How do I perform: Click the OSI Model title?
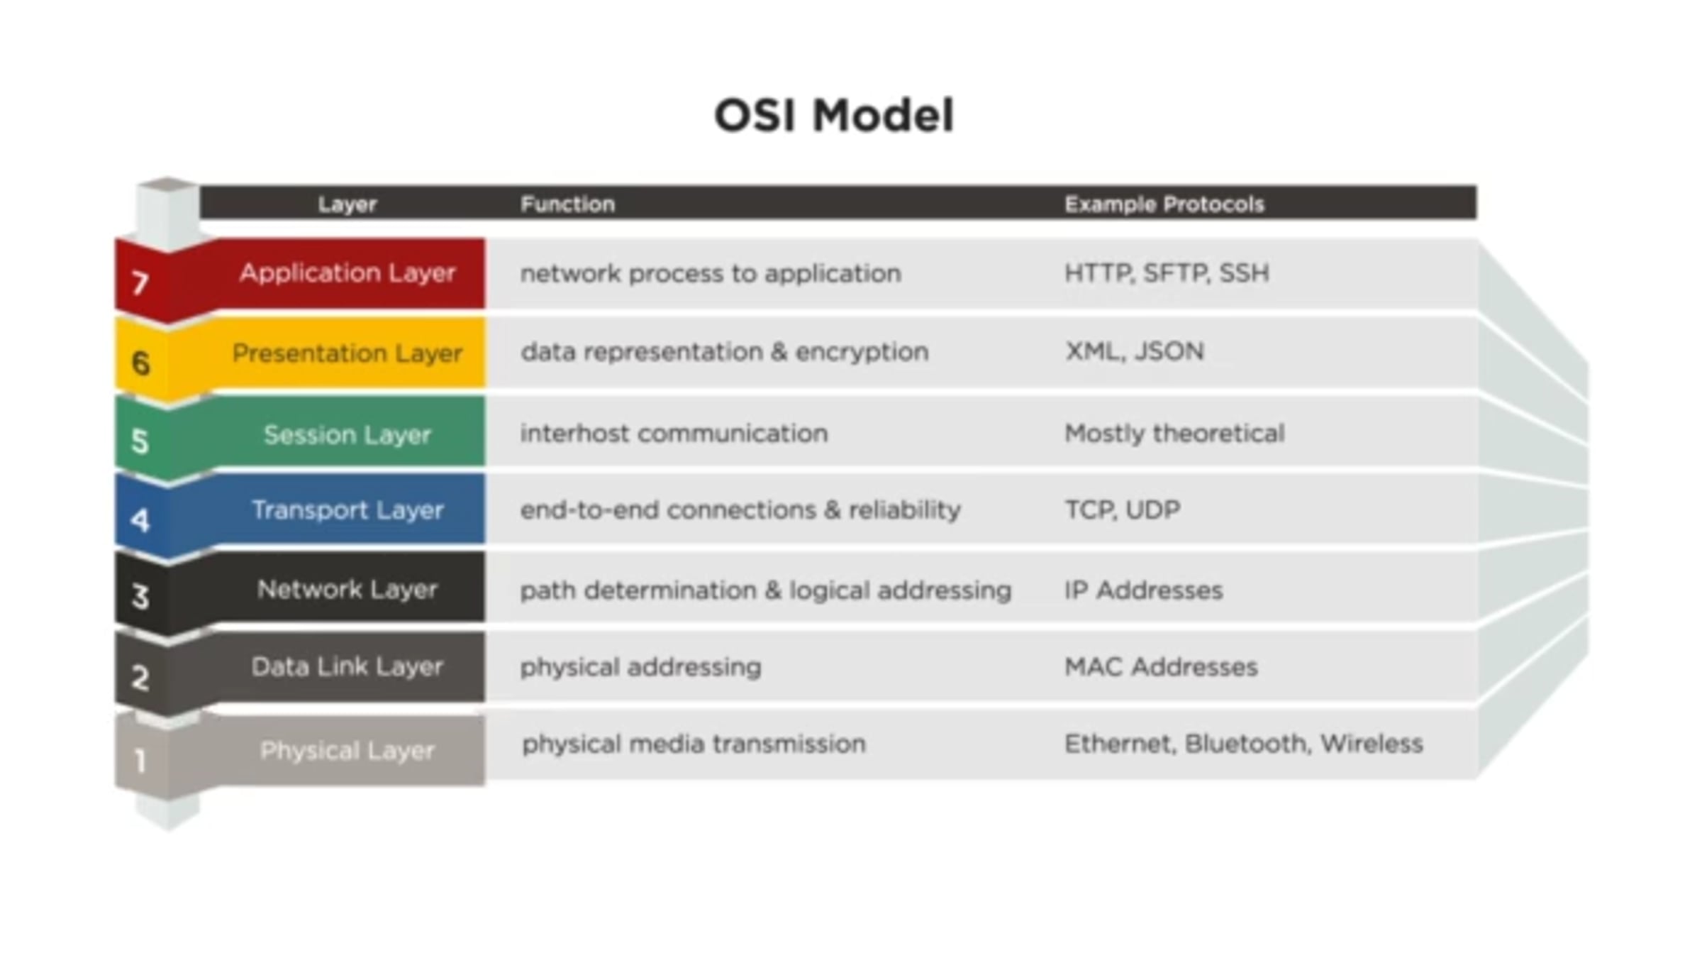click(834, 116)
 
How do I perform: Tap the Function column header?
click(567, 204)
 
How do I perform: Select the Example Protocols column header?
click(1164, 204)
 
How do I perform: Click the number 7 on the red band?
click(140, 284)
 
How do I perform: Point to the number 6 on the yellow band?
click(141, 363)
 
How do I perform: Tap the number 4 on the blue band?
click(140, 520)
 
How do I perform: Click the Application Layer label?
click(347, 273)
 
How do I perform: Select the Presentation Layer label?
click(347, 353)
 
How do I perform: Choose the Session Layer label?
click(347, 434)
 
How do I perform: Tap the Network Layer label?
click(347, 589)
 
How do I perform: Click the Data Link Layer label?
click(347, 666)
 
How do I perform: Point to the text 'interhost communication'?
click(674, 433)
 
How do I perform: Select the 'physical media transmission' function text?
click(694, 744)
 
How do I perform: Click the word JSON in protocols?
click(1169, 351)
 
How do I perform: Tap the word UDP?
click(1152, 510)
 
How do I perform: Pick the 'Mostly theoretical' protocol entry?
click(1174, 434)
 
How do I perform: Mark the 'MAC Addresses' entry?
click(1161, 667)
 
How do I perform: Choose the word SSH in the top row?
click(1244, 273)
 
